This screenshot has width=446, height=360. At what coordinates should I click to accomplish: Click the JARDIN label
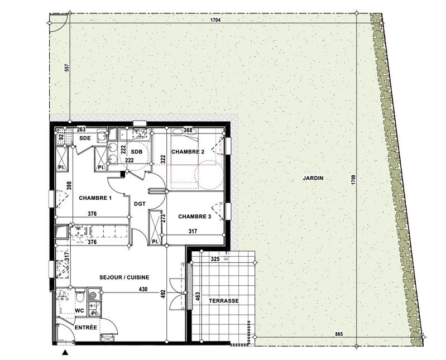(313, 179)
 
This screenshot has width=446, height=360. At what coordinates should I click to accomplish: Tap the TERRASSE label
(224, 300)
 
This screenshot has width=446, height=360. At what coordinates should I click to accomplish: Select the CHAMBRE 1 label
(95, 198)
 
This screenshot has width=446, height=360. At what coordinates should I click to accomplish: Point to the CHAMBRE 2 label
(188, 152)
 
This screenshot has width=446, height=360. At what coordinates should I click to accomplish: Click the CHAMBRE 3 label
(195, 216)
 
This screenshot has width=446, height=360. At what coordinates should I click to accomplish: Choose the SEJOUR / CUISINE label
(125, 277)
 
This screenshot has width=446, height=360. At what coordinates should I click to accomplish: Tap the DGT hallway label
(140, 204)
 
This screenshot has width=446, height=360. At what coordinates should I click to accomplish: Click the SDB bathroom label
(137, 152)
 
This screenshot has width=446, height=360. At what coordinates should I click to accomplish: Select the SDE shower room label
(85, 137)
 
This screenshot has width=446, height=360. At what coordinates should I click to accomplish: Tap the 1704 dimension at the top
(217, 20)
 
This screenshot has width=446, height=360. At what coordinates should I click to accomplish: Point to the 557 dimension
(66, 68)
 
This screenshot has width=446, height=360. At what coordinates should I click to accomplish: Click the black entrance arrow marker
(65, 352)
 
